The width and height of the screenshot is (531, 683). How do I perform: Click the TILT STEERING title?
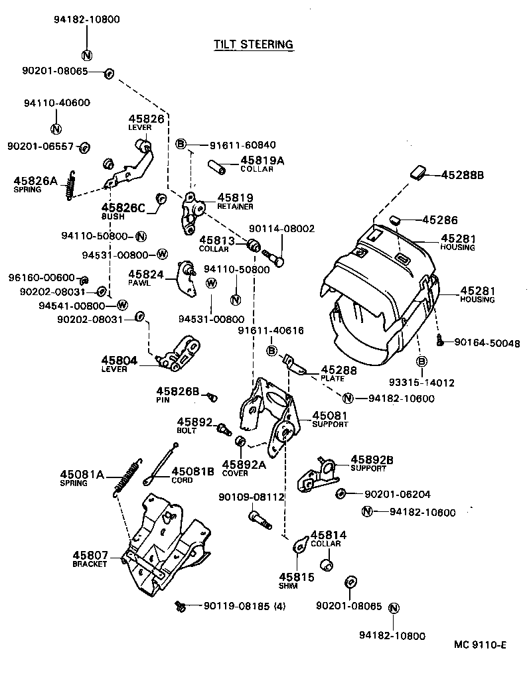(253, 44)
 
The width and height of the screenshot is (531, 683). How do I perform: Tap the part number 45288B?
(463, 175)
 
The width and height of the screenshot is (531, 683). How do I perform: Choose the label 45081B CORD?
(192, 475)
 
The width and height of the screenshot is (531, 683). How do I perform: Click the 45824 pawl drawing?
(188, 279)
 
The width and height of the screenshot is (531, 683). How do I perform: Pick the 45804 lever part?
(180, 353)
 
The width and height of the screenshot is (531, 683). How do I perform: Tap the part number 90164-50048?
(487, 343)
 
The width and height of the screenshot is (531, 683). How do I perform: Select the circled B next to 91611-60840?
(181, 144)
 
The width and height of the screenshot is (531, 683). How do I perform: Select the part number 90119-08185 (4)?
(244, 605)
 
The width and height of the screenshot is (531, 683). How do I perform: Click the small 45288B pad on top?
(418, 174)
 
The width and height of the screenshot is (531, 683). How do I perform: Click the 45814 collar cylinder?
(326, 564)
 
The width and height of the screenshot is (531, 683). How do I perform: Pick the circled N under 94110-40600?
(56, 129)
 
